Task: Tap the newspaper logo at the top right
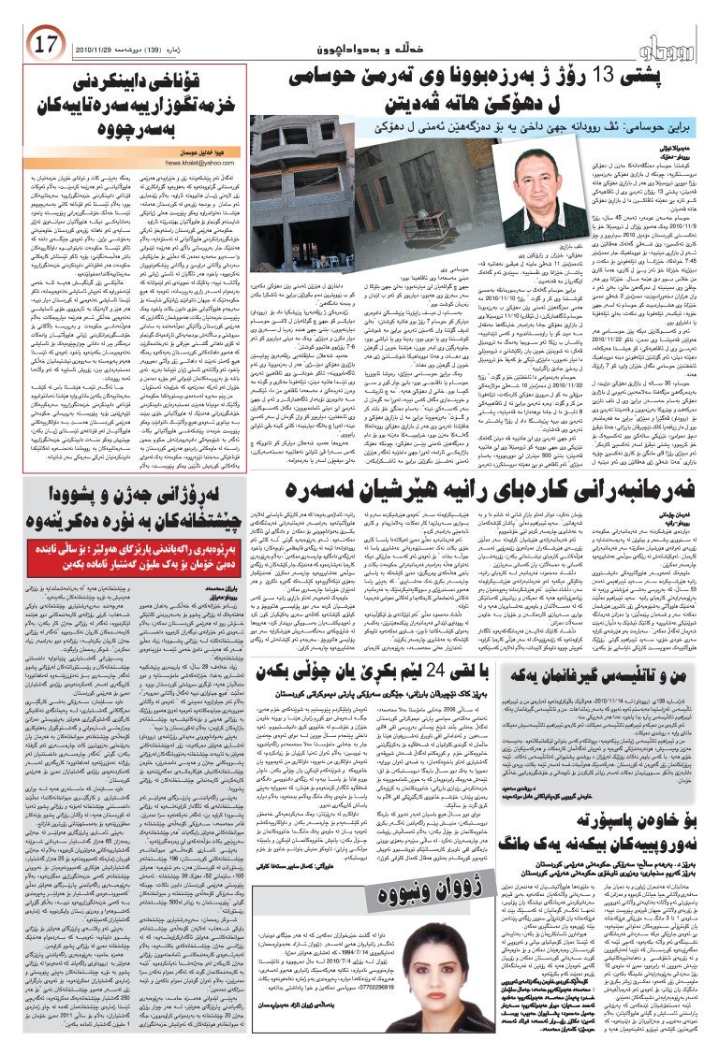(674, 43)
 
